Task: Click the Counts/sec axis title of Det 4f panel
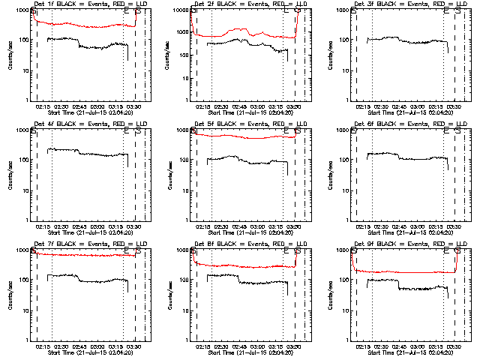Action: coord(10,174)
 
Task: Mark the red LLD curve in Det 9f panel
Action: coord(405,271)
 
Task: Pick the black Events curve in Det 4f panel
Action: coord(90,154)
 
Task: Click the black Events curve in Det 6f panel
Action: coord(405,157)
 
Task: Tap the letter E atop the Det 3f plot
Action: coord(446,11)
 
